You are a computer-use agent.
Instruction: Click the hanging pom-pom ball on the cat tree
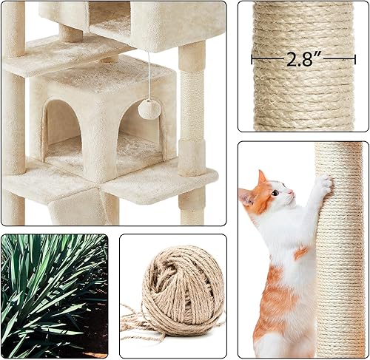[150, 108]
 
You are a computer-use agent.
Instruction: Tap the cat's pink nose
[289, 194]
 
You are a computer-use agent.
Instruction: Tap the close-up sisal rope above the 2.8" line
[303, 26]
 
